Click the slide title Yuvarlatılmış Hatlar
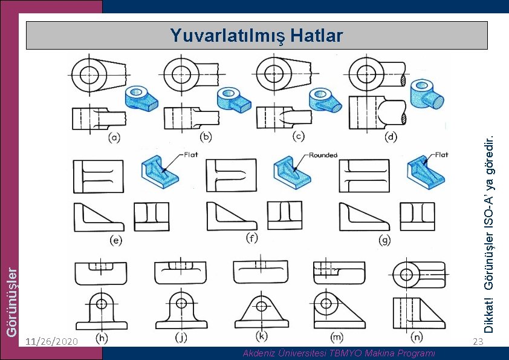(x=256, y=35)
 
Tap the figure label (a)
(x=113, y=138)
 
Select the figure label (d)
(x=391, y=137)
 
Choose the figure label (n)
(x=416, y=335)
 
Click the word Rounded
(x=323, y=155)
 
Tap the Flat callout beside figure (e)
(x=191, y=154)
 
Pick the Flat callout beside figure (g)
(x=442, y=154)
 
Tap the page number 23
(x=478, y=342)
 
